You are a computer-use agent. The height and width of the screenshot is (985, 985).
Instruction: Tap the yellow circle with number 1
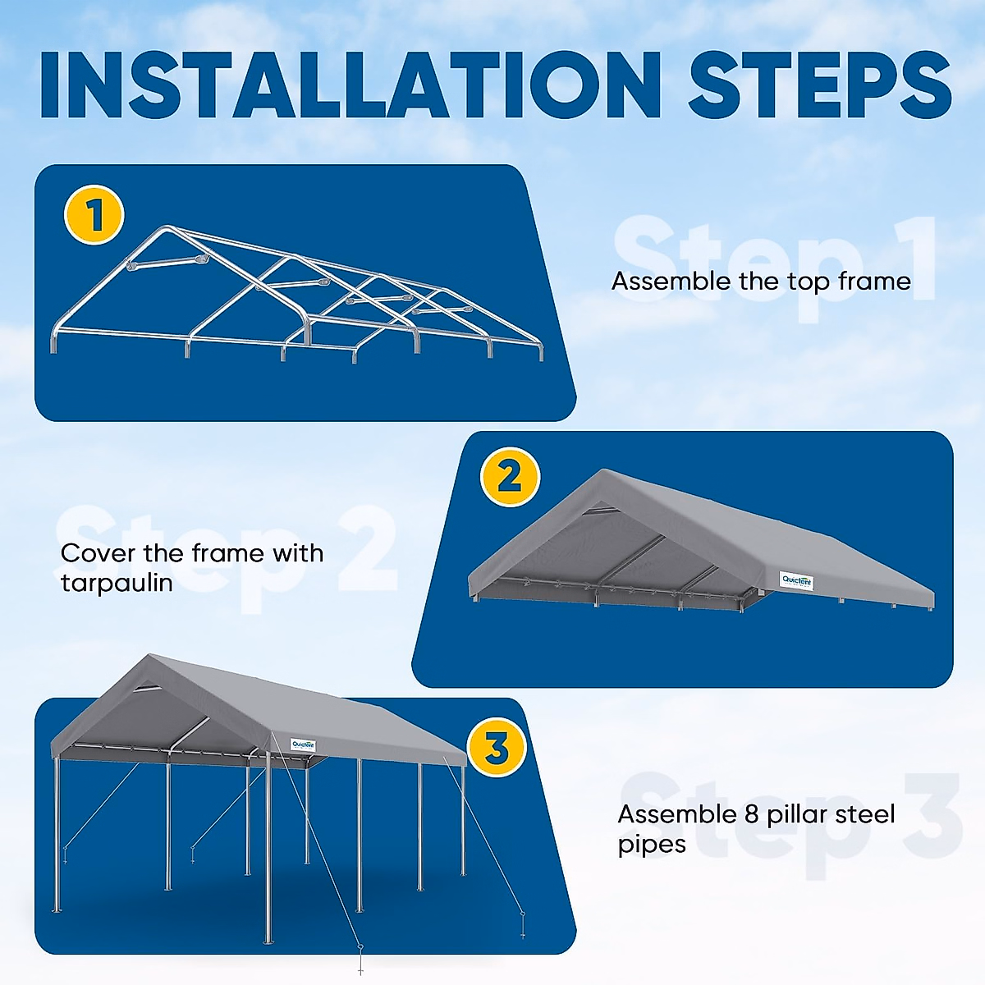point(94,216)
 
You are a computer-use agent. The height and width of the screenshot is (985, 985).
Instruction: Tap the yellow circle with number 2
point(509,477)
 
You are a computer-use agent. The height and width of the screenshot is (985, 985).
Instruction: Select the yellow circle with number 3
point(496,748)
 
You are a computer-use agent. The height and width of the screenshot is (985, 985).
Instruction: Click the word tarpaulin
point(117,583)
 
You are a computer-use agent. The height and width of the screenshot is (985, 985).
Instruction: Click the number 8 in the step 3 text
point(751,814)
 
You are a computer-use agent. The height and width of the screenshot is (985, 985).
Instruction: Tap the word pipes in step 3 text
point(652,845)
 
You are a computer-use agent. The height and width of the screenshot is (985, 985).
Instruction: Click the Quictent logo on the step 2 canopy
point(795,581)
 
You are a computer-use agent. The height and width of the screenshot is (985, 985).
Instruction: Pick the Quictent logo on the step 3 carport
point(303,745)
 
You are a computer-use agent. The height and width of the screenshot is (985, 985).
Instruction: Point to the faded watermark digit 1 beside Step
point(911,259)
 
